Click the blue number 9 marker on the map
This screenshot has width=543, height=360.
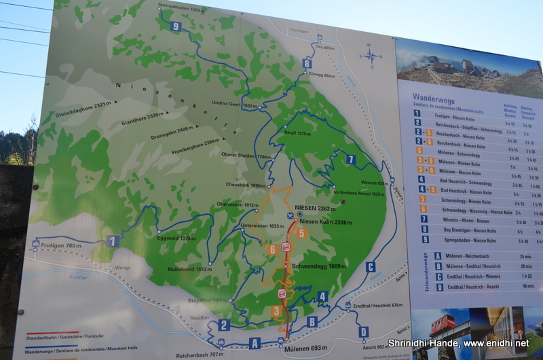tap(176, 26)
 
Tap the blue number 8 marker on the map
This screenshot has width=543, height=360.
tap(307, 63)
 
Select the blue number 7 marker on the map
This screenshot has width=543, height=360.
tap(350, 160)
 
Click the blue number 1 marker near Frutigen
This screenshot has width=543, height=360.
tap(113, 240)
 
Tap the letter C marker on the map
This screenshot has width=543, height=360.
tap(370, 267)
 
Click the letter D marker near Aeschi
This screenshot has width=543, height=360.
tap(364, 331)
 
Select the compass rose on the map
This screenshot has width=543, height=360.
tap(371, 56)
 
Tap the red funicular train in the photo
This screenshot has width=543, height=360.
tap(441, 324)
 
